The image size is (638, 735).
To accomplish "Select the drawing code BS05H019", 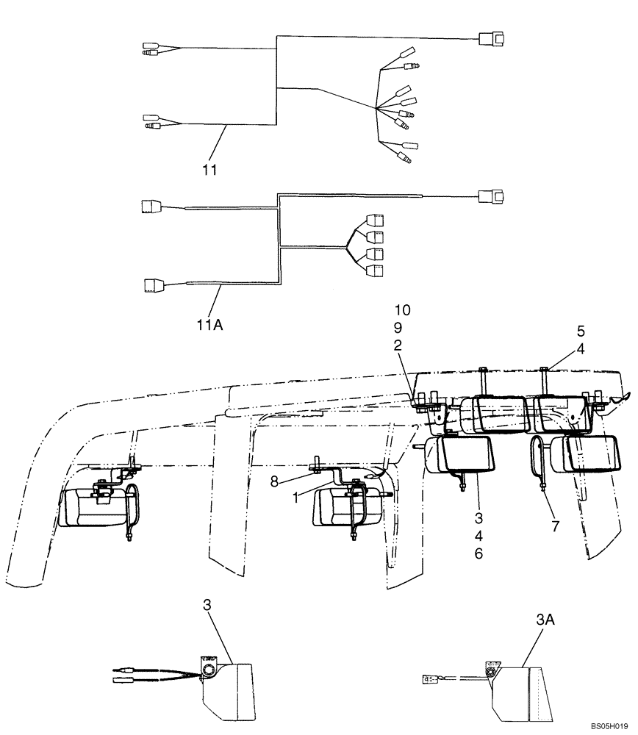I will click(609, 726).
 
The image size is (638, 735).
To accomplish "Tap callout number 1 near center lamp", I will click(296, 498).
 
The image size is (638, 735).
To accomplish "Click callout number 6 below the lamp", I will click(478, 554).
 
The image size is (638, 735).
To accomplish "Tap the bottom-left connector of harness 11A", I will click(154, 284).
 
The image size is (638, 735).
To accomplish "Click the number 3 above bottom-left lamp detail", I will click(207, 605).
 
